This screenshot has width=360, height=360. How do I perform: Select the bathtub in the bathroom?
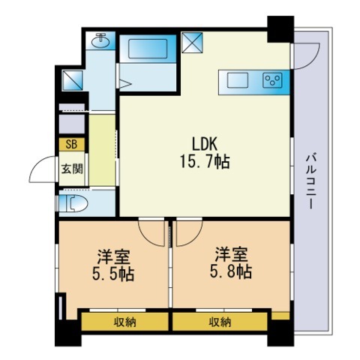pos(148,49)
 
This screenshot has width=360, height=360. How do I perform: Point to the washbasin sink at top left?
pos(100,41)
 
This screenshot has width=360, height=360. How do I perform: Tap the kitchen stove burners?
pos(271,79)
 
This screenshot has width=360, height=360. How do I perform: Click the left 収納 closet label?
pos(124,322)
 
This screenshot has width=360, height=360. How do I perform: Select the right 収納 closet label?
pos(220,322)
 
